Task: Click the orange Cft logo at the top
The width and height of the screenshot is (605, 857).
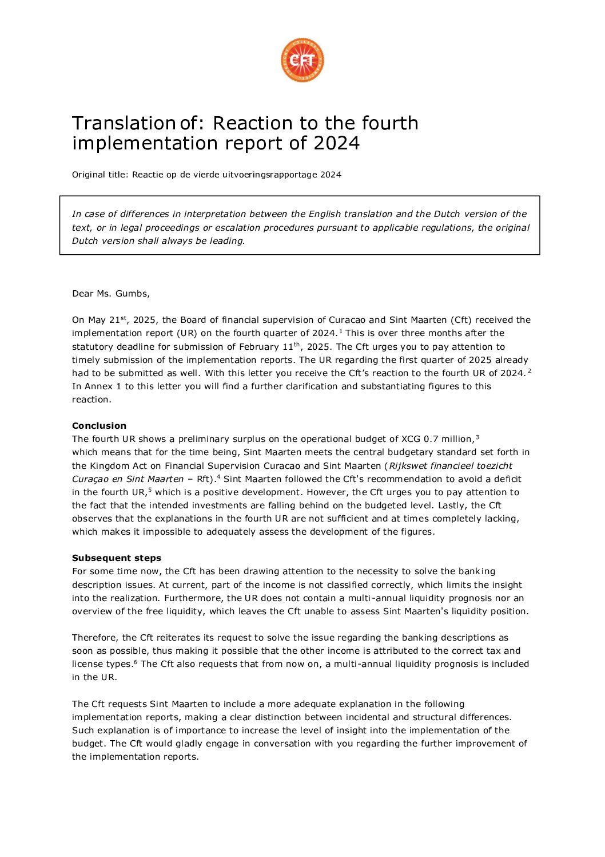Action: (x=302, y=60)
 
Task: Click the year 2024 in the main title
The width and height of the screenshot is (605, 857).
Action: (x=337, y=143)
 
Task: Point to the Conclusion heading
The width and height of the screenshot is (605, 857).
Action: (x=99, y=426)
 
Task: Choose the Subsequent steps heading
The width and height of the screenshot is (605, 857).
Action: (x=117, y=558)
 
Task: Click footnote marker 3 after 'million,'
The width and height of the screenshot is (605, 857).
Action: (x=477, y=437)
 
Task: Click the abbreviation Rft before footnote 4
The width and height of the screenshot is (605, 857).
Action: (x=204, y=479)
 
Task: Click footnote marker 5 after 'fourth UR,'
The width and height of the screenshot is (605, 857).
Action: (x=150, y=490)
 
